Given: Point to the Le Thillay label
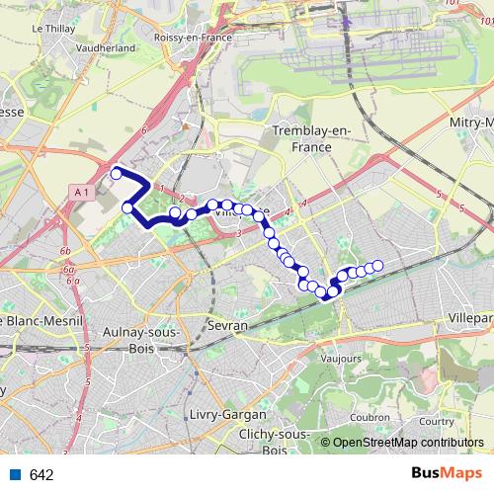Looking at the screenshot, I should [x=53, y=29].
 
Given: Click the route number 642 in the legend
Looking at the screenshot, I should [x=41, y=475].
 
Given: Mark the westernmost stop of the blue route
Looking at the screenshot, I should [x=117, y=174].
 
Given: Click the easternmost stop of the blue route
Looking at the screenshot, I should [x=376, y=264].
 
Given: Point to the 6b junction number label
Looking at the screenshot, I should [x=66, y=253].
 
